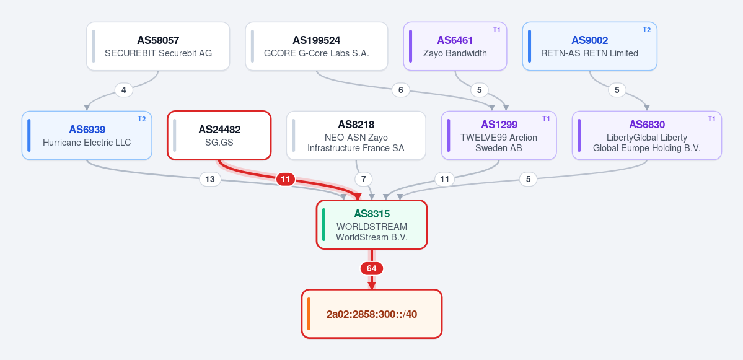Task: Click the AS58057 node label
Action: [x=158, y=40]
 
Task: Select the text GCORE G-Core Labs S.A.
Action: [x=317, y=53]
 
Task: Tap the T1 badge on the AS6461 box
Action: [x=496, y=30]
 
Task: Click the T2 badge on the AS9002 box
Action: [x=646, y=30]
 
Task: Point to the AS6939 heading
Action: [x=87, y=130]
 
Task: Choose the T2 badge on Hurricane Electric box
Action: [x=142, y=119]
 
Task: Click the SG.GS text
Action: [x=219, y=142]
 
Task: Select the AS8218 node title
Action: [x=356, y=125]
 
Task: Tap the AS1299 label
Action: [x=499, y=125]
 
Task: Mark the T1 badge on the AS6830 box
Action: [x=711, y=119]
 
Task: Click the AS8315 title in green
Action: [x=372, y=214]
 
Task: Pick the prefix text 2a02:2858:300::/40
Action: [x=372, y=314]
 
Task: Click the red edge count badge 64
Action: [x=372, y=268]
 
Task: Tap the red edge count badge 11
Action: [x=285, y=179]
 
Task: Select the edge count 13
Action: [x=210, y=179]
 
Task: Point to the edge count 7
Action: [x=364, y=179]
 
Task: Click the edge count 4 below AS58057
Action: [x=124, y=89]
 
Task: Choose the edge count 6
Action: [x=401, y=89]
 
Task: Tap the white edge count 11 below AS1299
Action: [x=444, y=179]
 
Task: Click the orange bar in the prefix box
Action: [x=309, y=314]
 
